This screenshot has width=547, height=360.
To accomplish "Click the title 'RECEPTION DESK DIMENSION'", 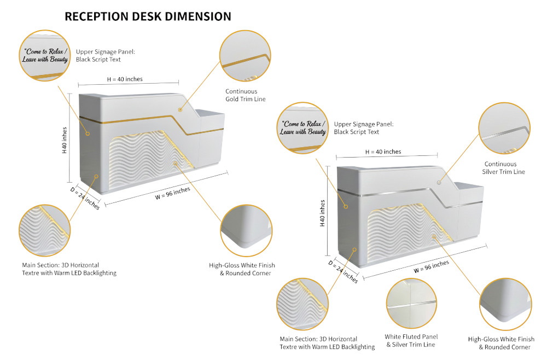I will coord(148,16).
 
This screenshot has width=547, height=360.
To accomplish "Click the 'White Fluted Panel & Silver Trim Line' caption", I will coord(411,340).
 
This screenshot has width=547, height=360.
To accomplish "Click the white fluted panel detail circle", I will coord(412,303).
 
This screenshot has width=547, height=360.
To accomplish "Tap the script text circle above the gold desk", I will coord(46,55).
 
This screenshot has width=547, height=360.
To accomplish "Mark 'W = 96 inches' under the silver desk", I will coord(431,266).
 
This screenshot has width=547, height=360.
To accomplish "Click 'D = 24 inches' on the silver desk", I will coord(344,270).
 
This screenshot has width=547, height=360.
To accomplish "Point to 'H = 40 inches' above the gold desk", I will coord(124,79).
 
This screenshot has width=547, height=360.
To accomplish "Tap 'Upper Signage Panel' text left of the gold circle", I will coord(105,55).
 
